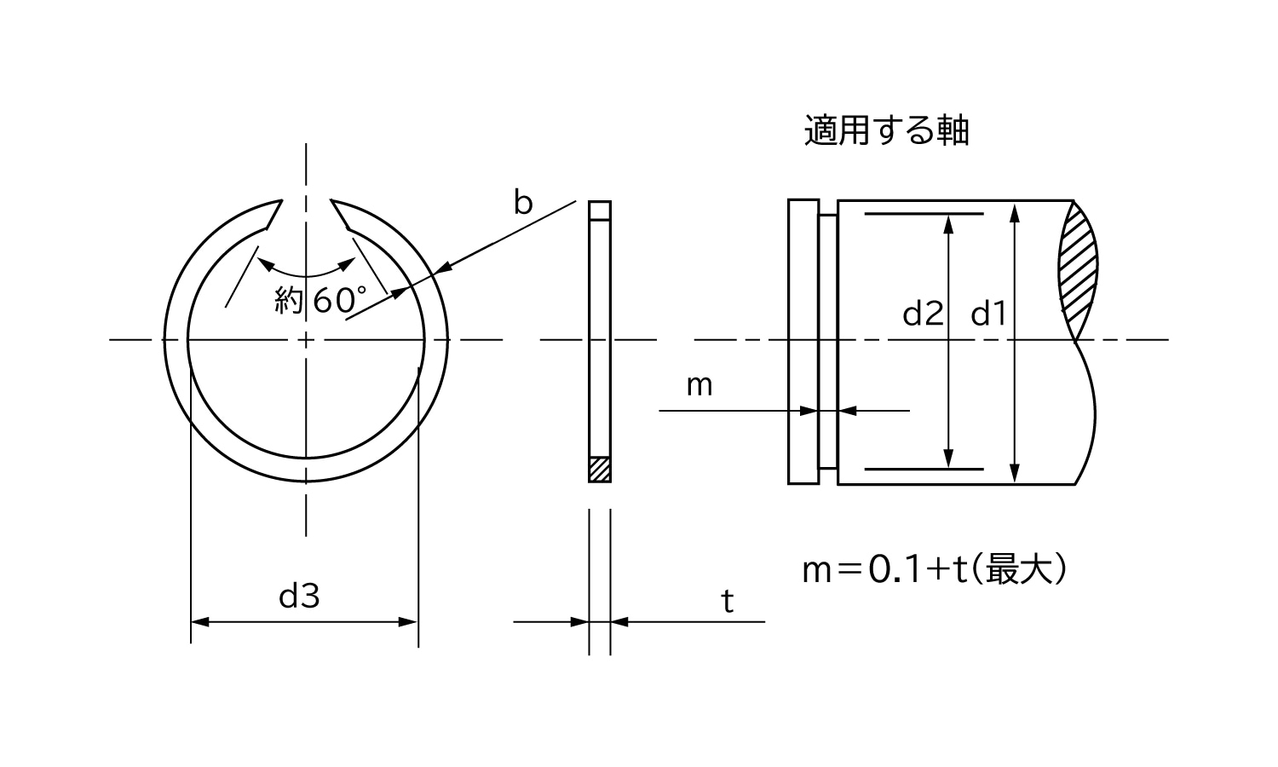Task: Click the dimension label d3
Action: click(x=299, y=597)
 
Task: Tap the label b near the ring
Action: click(x=522, y=203)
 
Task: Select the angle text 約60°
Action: click(x=320, y=300)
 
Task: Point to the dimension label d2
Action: click(x=923, y=314)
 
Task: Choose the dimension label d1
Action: click(x=988, y=314)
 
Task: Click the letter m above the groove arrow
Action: click(x=699, y=386)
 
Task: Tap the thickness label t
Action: click(x=727, y=602)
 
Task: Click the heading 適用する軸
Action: click(x=886, y=131)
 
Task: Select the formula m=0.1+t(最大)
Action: click(x=934, y=570)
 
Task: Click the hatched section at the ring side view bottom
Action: click(x=600, y=469)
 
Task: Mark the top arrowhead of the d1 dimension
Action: click(x=1014, y=210)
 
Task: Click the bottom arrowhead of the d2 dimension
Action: click(x=948, y=459)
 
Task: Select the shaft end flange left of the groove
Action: click(x=803, y=342)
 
